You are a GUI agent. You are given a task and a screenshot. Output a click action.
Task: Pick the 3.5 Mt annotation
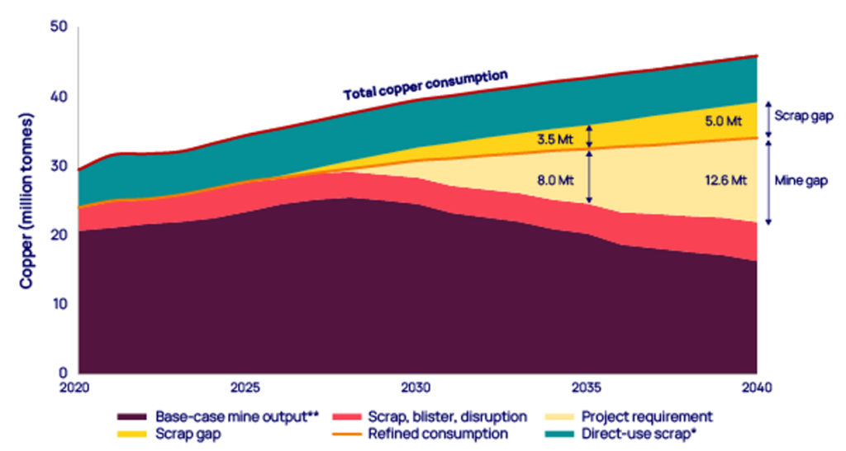pos(560,140)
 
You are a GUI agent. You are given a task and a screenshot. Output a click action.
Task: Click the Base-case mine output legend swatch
pos(131,416)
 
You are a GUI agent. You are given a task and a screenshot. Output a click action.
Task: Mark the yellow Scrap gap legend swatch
pos(131,432)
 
